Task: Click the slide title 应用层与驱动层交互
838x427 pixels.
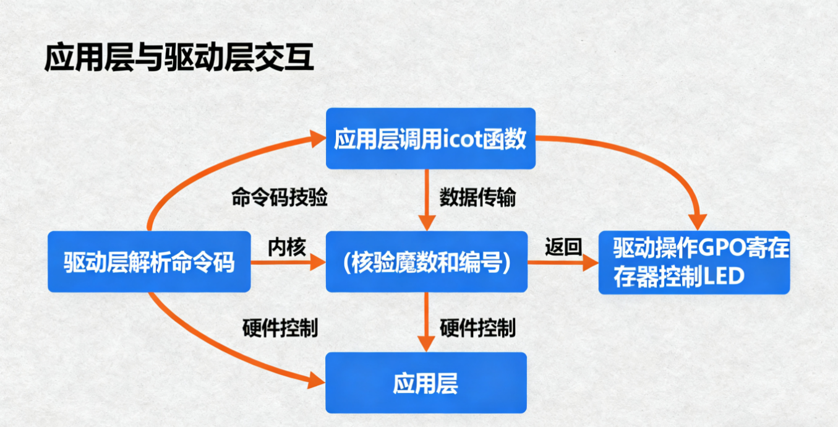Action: [x=179, y=59]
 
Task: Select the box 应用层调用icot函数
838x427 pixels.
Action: [x=430, y=139]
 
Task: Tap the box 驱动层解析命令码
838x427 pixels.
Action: [x=149, y=262]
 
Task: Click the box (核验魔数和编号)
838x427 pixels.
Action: [x=426, y=262]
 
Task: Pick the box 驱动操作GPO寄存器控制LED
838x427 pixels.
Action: [x=694, y=262]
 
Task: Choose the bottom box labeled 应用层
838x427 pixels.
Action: [x=425, y=383]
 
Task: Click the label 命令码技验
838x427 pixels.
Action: [x=279, y=198]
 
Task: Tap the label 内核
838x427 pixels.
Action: [x=286, y=247]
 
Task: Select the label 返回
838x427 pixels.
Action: [x=563, y=247]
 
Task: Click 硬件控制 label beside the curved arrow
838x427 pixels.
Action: [x=280, y=327]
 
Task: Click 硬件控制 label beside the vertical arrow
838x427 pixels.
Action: [x=477, y=327]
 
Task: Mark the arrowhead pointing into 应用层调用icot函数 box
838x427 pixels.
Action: [x=318, y=139]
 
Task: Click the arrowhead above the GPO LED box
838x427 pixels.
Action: [x=698, y=221]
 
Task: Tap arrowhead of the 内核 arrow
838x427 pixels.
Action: [x=318, y=262]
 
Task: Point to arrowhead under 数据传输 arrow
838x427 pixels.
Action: [x=426, y=223]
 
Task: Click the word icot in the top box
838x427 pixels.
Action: [x=459, y=139]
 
